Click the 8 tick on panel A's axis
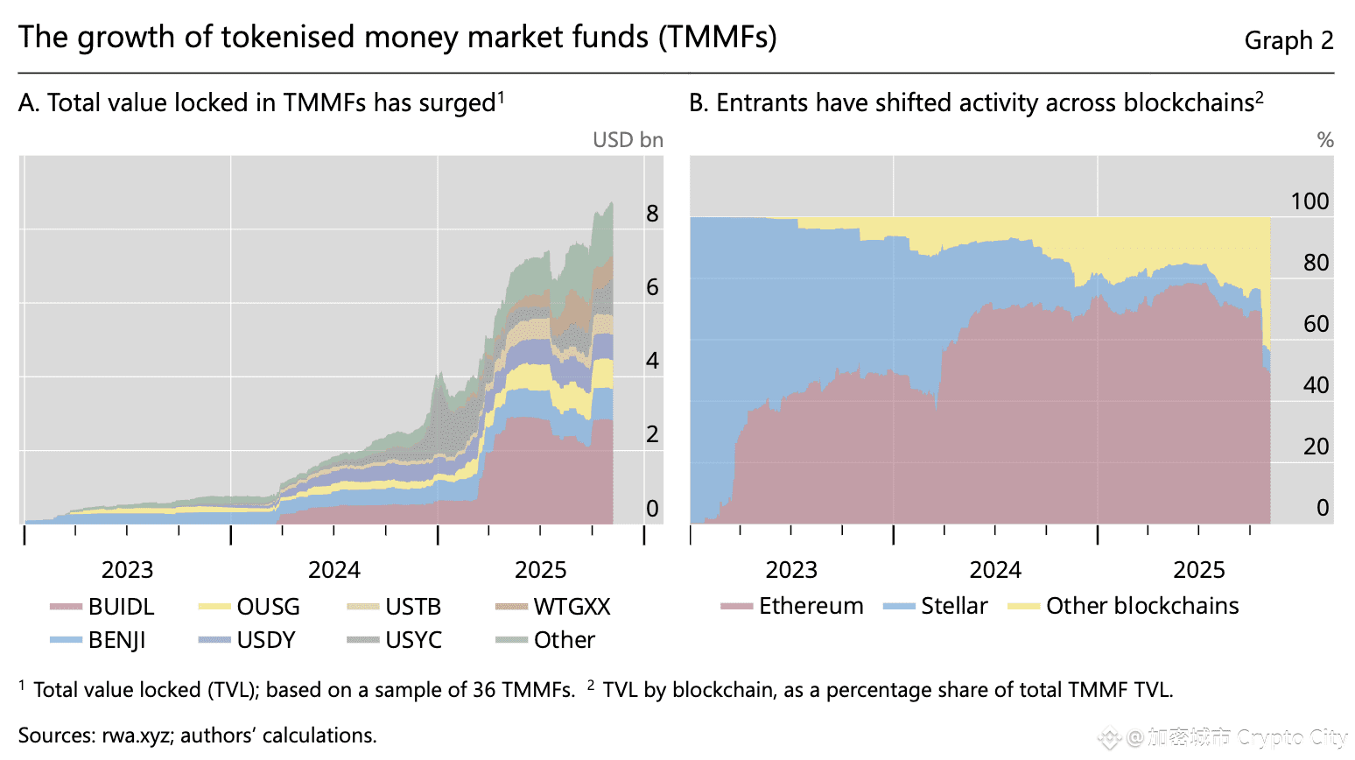652,213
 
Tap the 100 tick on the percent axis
1309,201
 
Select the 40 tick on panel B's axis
1316,385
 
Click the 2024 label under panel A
333,570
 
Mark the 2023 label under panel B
791,570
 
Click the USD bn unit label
628,140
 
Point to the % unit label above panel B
1325,140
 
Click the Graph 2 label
1288,40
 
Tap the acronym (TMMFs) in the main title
718,38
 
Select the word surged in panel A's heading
457,103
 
